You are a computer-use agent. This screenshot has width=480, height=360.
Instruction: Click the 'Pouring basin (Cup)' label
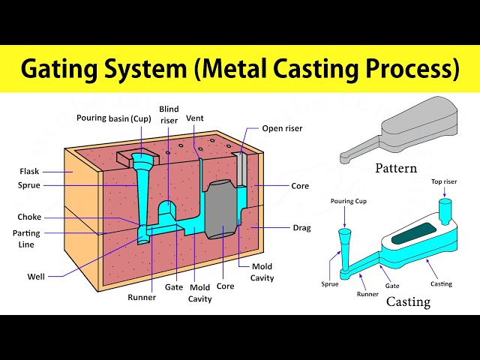pyautogui.click(x=114, y=118)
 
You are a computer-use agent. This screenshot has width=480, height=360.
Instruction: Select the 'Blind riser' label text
pyautogui.click(x=169, y=114)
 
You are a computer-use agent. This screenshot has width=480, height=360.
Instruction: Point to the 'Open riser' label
pyautogui.click(x=282, y=128)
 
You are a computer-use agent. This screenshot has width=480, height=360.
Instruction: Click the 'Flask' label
pyautogui.click(x=30, y=170)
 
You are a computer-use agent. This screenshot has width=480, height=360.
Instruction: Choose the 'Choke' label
pyautogui.click(x=29, y=217)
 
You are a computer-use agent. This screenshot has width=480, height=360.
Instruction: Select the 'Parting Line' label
pyautogui.click(x=27, y=238)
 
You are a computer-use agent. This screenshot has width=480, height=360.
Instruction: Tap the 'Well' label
pyautogui.click(x=35, y=277)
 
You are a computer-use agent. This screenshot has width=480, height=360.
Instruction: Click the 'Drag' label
pyautogui.click(x=301, y=228)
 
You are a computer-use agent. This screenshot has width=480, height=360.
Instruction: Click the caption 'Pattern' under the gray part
pyautogui.click(x=396, y=168)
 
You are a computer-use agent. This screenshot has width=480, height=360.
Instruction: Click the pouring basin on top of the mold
pyautogui.click(x=139, y=159)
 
